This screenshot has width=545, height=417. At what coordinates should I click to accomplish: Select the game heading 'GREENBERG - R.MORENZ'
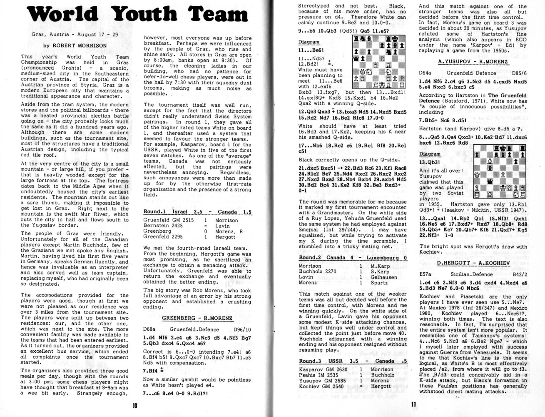pyautogui.click(x=197, y=318)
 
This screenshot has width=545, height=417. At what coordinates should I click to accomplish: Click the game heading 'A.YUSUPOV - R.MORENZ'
pyautogui.click(x=473, y=62)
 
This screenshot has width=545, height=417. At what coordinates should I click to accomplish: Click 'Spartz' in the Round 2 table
pyautogui.click(x=378, y=283)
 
